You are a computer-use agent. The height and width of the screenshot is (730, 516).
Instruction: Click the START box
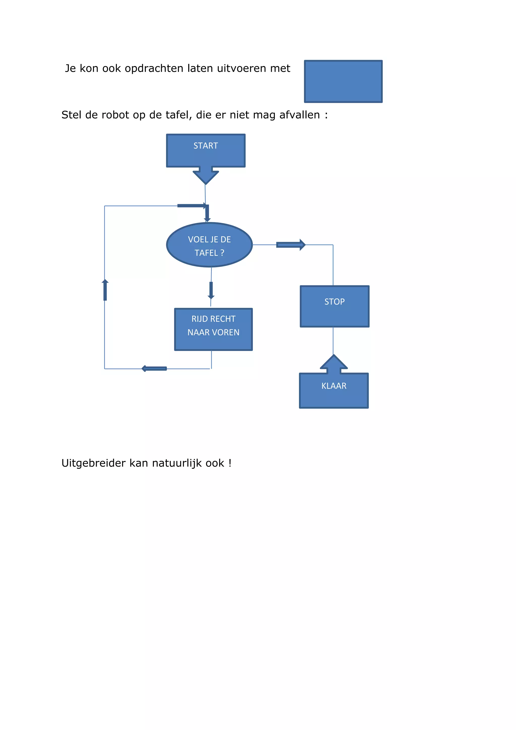(206, 150)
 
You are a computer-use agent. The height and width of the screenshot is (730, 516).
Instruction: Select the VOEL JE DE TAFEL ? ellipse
(209, 245)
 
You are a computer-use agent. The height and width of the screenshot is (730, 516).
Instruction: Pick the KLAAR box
(334, 390)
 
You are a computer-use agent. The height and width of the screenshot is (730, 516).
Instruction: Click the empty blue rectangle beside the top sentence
(343, 81)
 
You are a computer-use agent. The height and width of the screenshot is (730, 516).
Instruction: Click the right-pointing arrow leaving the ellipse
(291, 245)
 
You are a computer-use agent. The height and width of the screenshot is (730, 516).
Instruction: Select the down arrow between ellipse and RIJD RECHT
(211, 290)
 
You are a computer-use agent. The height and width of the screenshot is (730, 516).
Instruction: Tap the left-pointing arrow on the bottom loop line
(154, 369)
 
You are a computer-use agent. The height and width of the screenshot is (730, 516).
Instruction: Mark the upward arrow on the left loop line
(105, 290)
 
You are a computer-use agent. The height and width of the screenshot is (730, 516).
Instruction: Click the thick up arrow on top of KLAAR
(334, 364)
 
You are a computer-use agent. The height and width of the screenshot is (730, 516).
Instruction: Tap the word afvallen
(299, 115)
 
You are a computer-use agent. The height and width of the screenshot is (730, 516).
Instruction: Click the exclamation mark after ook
(230, 463)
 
